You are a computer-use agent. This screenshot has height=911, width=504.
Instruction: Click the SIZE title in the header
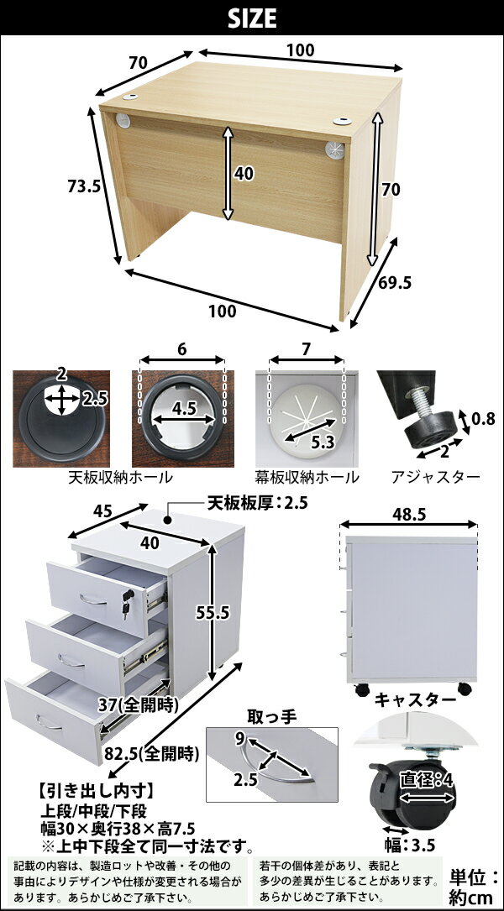(x=252, y=19)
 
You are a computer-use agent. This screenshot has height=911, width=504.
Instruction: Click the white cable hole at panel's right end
(x=335, y=149)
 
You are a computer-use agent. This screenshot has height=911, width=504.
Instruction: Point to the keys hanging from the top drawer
(x=127, y=603)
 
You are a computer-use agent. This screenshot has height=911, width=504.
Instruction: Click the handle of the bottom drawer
(x=49, y=723)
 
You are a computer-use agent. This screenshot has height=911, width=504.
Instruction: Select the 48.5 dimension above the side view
(x=409, y=514)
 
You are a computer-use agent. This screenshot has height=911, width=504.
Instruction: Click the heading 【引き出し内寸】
(x=96, y=791)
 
